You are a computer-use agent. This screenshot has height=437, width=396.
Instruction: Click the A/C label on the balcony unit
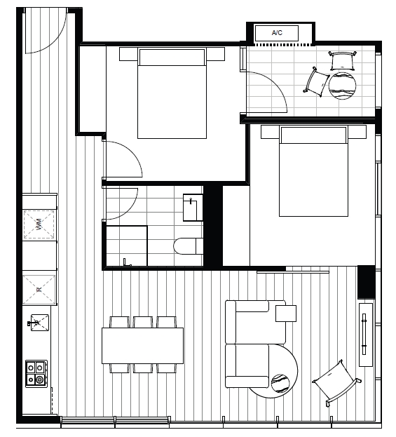coord(277,33)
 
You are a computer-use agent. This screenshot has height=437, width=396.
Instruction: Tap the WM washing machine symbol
coord(39,224)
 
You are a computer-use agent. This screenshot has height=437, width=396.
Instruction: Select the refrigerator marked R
coord(39,290)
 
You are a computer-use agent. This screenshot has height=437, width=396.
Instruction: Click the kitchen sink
coord(39,323)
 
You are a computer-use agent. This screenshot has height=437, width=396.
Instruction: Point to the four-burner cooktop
coord(36,374)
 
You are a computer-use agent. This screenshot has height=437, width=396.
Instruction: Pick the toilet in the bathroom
coord(189,246)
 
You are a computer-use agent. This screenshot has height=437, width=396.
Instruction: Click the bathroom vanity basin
coord(193,208)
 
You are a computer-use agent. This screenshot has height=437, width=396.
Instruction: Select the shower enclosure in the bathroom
coord(127,246)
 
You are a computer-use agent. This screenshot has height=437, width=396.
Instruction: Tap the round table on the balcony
coord(343,86)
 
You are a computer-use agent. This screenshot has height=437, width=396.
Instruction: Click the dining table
coord(142,346)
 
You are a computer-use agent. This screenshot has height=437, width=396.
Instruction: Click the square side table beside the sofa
coord(286,314)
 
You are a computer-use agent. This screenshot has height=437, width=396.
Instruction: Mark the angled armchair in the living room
coord(336,383)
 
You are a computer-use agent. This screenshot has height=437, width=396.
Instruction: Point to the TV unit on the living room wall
coord(366,335)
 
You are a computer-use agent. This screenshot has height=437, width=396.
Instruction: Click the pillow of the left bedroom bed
coord(172,58)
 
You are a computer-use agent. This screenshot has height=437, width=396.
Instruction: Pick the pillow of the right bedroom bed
coord(313,135)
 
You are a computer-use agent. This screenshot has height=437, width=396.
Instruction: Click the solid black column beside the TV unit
coord(367,282)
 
